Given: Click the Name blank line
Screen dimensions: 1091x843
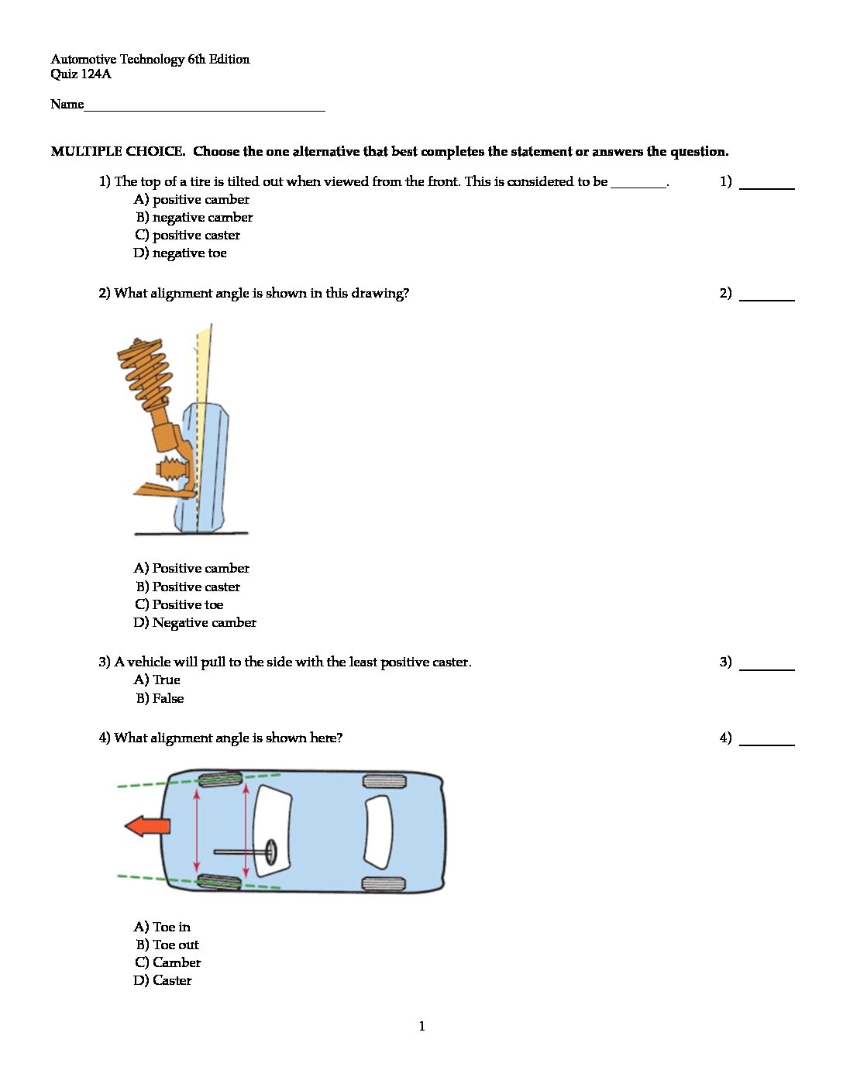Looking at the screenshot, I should (x=205, y=106).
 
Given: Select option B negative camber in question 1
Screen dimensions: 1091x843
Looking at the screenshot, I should (x=194, y=218).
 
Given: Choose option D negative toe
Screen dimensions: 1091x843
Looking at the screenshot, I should (x=180, y=253).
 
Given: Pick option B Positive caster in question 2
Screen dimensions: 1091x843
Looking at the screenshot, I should (x=188, y=587).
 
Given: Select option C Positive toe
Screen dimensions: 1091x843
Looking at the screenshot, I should (x=179, y=605).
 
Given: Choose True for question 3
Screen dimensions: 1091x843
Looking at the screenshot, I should (x=157, y=680).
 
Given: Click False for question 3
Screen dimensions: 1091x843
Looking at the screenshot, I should (x=160, y=699).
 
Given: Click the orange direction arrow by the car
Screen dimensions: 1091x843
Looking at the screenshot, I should (x=147, y=826).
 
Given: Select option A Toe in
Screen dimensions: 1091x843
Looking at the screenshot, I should (x=162, y=928).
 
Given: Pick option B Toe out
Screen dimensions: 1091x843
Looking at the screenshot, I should (x=167, y=945).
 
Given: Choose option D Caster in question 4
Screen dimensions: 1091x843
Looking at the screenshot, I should (x=163, y=981).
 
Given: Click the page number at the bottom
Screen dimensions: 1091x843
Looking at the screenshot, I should (x=421, y=1027).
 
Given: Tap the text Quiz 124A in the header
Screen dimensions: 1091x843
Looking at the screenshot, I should (x=81, y=74).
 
